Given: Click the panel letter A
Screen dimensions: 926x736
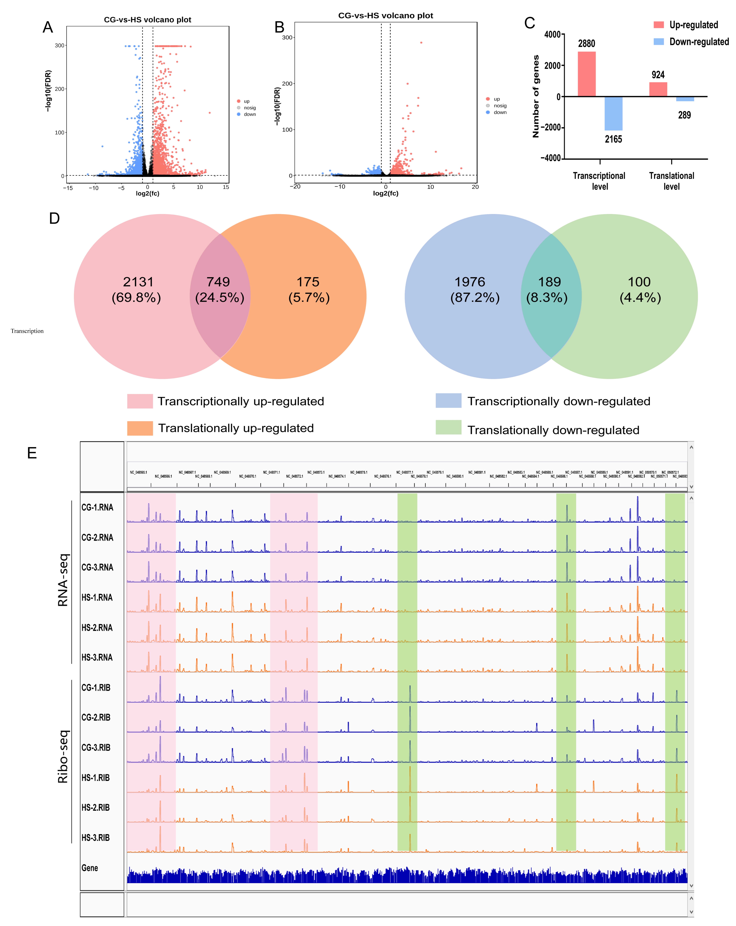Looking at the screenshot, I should click(48, 27).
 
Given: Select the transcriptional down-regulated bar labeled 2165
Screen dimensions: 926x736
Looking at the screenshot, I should click(613, 113).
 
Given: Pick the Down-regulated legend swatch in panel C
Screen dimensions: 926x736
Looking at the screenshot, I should click(658, 42).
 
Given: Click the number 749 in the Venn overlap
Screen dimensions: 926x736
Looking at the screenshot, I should click(218, 282).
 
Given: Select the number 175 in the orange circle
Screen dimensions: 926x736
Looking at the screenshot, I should click(308, 282).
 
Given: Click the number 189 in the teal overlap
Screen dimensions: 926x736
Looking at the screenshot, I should click(550, 282).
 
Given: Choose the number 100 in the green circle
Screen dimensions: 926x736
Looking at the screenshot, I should click(639, 282).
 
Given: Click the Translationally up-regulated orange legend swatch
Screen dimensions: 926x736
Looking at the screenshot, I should click(140, 428).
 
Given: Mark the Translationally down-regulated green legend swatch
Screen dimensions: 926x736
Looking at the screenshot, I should click(448, 427).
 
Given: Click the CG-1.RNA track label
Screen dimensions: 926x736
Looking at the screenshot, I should click(97, 507).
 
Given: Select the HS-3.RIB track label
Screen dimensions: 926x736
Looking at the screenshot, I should click(95, 838).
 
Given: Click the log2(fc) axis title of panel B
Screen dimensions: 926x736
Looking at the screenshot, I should click(385, 193).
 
